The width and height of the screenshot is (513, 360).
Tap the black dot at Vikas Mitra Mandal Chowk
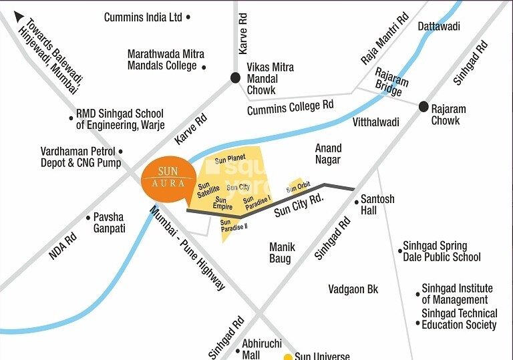click(235, 78)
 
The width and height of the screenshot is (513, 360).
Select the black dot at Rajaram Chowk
click(423, 107)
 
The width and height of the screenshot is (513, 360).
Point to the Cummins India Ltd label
click(143, 17)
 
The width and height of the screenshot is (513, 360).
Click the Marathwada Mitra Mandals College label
click(166, 59)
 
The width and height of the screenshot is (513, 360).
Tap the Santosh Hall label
click(377, 204)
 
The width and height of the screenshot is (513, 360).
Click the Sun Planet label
click(230, 158)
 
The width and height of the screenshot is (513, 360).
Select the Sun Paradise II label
click(234, 226)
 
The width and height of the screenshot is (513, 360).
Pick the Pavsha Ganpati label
click(109, 222)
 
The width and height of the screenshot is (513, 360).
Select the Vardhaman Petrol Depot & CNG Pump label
click(81, 157)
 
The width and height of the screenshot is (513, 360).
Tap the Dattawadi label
click(439, 26)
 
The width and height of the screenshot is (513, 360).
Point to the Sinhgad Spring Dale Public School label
click(442, 251)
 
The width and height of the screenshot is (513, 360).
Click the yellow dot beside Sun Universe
click(288, 357)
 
